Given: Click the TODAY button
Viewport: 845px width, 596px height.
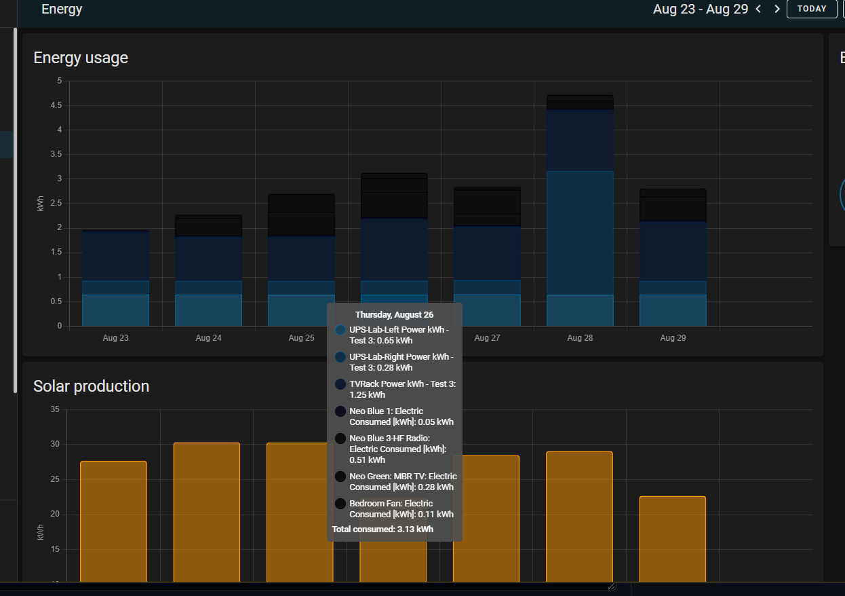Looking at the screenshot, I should [812, 9].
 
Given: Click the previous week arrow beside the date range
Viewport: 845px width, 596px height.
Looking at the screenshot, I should [758, 9].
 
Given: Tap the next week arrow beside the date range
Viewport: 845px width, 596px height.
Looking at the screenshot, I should [777, 9].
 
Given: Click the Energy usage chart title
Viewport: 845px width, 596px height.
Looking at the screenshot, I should [81, 58].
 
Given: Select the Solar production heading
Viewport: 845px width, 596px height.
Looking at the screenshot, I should [91, 386].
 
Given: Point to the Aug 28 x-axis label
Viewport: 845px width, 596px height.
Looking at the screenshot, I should [579, 337].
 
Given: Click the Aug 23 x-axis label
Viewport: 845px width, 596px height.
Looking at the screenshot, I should [115, 337].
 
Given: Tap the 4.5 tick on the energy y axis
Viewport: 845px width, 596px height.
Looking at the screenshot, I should [56, 105].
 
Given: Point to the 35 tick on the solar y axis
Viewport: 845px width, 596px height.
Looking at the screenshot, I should [55, 409].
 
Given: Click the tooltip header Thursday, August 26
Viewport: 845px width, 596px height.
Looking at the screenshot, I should [394, 315].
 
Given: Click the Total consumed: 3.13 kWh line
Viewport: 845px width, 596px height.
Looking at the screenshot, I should [382, 529].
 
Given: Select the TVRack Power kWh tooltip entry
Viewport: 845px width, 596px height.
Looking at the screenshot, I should [402, 389].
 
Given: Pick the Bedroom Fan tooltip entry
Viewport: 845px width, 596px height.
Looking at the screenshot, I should [401, 508].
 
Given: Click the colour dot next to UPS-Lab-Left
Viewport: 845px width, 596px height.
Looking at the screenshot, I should [340, 329].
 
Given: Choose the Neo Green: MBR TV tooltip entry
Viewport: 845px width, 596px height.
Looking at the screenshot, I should [403, 481].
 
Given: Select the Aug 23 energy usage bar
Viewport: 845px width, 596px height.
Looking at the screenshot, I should [115, 278].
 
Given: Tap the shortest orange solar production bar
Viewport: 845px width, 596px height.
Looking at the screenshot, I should [672, 539].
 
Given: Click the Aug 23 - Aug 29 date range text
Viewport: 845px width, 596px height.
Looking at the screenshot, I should [701, 9].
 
